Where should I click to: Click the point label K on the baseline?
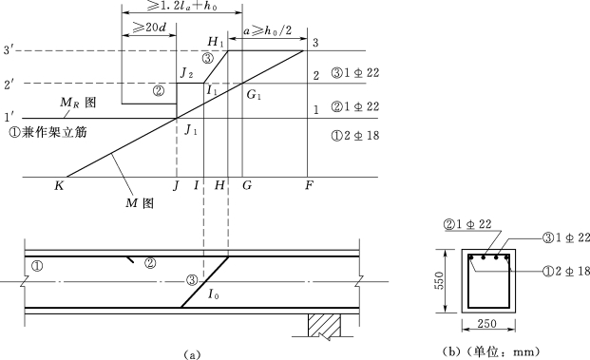pyautogui.click(x=59, y=185)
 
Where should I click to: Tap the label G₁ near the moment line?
pyautogui.click(x=254, y=94)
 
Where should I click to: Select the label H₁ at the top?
pyautogui.click(x=216, y=42)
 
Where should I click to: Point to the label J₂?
pyautogui.click(x=186, y=72)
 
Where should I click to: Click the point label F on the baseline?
pyautogui.click(x=309, y=185)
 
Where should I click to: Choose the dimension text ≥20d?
pyautogui.click(x=149, y=28)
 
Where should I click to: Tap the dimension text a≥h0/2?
pyautogui.click(x=267, y=30)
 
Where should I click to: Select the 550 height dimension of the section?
pyautogui.click(x=439, y=280)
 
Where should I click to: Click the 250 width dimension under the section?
pyautogui.click(x=486, y=323)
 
